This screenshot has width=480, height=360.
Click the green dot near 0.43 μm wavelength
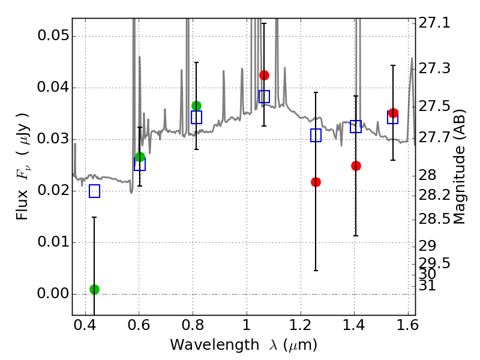click(x=94, y=289)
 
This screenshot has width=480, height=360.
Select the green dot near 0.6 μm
click(x=140, y=157)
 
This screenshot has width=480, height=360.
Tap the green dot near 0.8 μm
click(x=196, y=106)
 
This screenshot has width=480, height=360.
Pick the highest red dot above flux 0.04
click(x=264, y=76)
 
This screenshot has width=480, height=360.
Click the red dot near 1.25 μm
click(x=316, y=182)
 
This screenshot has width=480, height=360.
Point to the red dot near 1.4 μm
click(x=356, y=166)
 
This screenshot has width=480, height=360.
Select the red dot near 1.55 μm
click(x=393, y=113)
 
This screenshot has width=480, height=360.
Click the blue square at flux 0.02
click(x=94, y=191)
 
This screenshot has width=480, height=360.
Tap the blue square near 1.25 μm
click(x=316, y=136)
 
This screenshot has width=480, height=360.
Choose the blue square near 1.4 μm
click(x=356, y=127)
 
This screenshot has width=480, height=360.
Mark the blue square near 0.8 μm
click(x=196, y=117)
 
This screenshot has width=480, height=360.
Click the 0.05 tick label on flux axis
click(x=53, y=35)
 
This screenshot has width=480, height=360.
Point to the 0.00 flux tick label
click(x=53, y=293)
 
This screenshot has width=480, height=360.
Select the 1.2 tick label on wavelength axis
click(x=301, y=325)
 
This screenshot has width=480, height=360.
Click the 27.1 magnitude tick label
click(x=434, y=23)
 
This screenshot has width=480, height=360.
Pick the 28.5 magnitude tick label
click(x=434, y=219)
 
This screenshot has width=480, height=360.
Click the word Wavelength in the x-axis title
click(x=215, y=345)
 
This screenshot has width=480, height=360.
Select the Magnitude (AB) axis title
click(x=458, y=167)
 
